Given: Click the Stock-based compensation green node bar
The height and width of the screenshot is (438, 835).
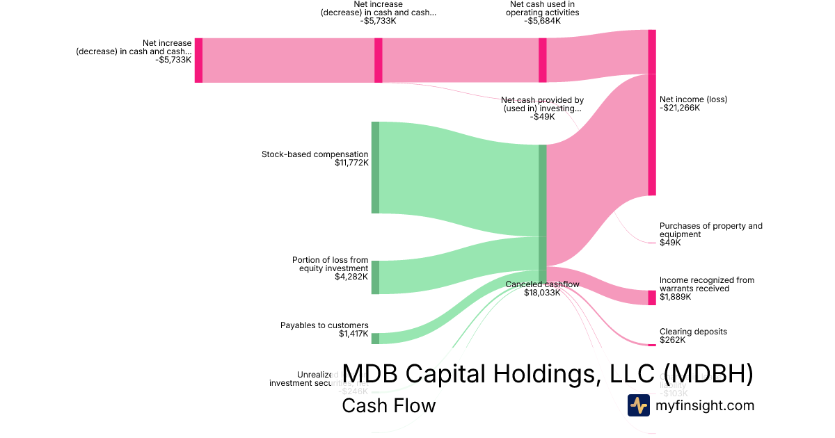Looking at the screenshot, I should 375,168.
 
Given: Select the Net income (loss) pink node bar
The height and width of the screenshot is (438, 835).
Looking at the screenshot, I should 652,113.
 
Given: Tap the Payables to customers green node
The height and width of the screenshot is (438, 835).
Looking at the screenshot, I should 375,339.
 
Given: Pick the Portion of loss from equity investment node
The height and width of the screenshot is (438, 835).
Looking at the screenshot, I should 375,277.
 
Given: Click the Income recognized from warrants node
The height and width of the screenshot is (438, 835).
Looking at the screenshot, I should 652,298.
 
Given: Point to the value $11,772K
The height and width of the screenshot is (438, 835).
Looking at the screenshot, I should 351,163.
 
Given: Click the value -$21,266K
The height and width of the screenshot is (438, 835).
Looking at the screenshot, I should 680,108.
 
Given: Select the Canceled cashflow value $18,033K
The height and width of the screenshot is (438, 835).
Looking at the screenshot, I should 542,293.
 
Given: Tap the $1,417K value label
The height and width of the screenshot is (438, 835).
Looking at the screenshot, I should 353,334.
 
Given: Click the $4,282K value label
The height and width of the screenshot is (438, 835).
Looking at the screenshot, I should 351,277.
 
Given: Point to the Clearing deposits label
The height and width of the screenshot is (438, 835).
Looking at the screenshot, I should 693,332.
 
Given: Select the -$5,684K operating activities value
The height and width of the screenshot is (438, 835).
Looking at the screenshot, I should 542,21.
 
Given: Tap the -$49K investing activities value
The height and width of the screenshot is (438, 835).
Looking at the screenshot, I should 542,117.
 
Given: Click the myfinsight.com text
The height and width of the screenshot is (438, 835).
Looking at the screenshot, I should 704,405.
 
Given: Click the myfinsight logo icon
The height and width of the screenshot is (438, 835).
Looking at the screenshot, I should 639,405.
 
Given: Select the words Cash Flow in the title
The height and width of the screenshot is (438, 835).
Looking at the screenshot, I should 388,405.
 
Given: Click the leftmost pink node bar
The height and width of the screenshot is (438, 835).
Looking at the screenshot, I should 198,60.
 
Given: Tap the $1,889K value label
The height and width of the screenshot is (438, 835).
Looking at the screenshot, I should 675,297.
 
